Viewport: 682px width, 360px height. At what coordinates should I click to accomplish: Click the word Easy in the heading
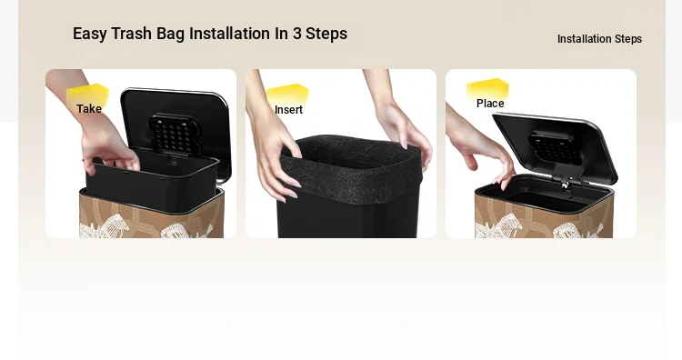pyautogui.click(x=90, y=34)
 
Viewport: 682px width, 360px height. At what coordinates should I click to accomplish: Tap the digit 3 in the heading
pyautogui.click(x=296, y=34)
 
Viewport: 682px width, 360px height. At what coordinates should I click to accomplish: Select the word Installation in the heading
pyautogui.click(x=229, y=34)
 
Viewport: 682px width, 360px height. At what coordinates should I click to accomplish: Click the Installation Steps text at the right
pyautogui.click(x=599, y=39)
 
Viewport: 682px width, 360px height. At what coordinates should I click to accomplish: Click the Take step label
pyautogui.click(x=89, y=109)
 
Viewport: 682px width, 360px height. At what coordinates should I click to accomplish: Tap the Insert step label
pyautogui.click(x=288, y=110)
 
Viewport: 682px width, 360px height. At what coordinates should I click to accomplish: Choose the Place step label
pyautogui.click(x=490, y=104)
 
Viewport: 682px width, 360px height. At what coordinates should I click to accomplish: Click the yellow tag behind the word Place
pyautogui.click(x=487, y=89)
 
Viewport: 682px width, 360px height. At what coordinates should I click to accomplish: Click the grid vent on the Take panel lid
pyautogui.click(x=176, y=135)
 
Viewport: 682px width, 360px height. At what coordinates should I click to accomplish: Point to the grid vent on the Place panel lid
pyautogui.click(x=557, y=148)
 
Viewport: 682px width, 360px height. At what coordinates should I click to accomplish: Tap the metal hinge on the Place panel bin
pyautogui.click(x=564, y=183)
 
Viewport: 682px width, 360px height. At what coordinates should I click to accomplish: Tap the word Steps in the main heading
pyautogui.click(x=326, y=34)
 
